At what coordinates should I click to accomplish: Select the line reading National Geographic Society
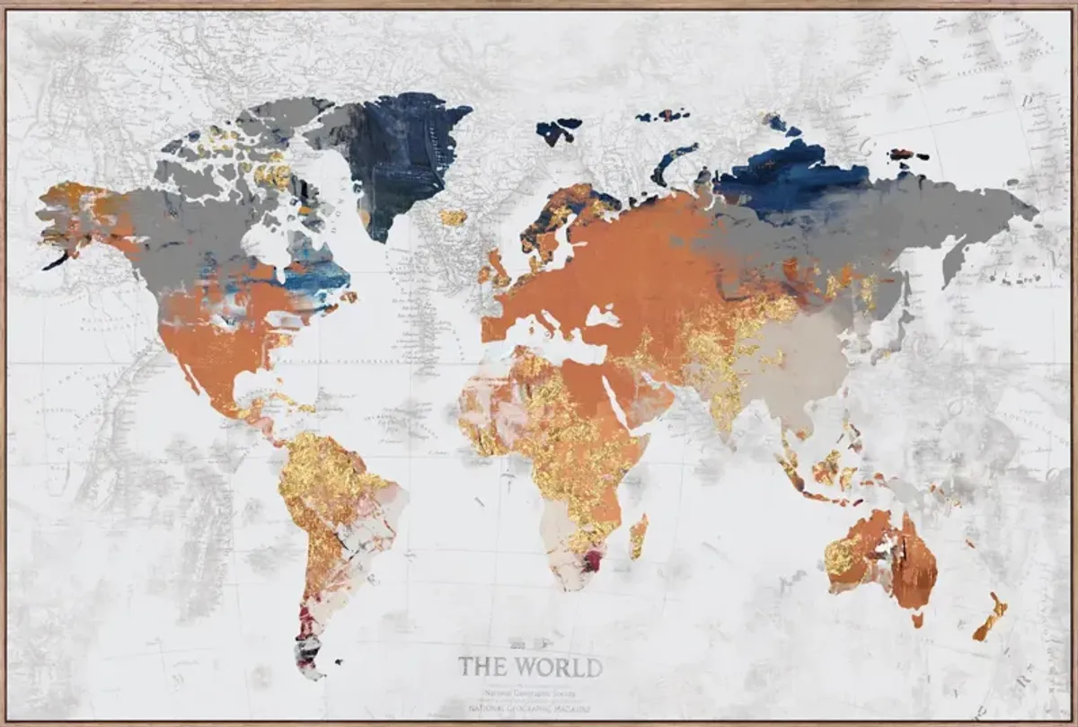click(530, 693)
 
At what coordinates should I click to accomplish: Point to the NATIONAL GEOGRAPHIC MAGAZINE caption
click(530, 708)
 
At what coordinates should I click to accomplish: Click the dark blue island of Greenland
click(395, 153)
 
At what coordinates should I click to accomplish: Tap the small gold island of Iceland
click(453, 217)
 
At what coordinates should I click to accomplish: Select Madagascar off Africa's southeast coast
click(638, 536)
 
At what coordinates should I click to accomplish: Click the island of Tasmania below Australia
click(916, 619)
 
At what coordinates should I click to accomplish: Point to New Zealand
click(990, 616)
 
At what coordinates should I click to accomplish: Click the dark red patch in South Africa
click(591, 562)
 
